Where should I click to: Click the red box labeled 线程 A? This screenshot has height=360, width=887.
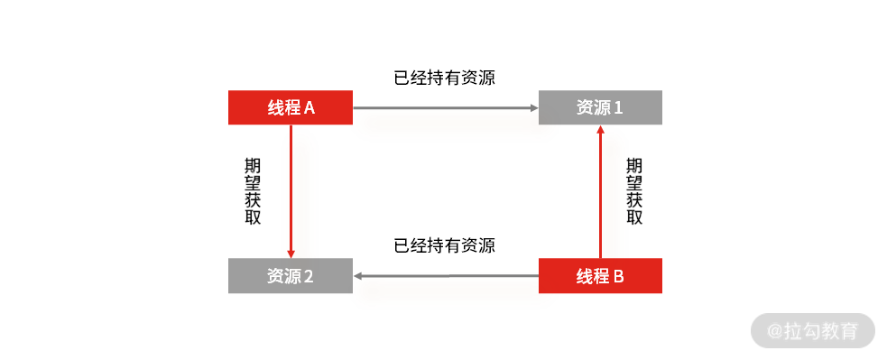(290, 107)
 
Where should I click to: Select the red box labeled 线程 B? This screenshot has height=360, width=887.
(600, 276)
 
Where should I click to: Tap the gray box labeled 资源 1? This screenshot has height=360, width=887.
(600, 107)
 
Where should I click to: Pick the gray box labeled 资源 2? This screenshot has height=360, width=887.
(290, 276)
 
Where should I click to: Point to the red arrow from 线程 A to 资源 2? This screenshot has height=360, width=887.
(291, 189)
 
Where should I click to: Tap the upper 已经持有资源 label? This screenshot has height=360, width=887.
(445, 78)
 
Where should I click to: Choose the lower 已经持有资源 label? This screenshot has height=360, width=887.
(445, 245)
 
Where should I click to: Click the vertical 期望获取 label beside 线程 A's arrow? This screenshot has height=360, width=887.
(253, 191)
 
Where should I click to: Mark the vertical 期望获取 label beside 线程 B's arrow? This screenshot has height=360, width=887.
(634, 191)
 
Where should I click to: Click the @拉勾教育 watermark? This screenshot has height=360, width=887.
(813, 331)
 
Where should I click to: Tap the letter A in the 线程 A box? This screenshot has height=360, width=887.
(309, 108)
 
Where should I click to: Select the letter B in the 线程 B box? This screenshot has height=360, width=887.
(618, 277)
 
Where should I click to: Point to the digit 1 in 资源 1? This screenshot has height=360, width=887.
(619, 108)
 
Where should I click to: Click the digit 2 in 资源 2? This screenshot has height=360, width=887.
(309, 277)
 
